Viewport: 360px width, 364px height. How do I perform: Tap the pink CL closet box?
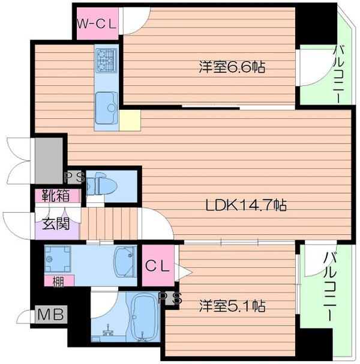[x=159, y=265]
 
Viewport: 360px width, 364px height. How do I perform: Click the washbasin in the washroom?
[x=125, y=262]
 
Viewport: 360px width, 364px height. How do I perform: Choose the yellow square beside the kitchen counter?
[x=130, y=120]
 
